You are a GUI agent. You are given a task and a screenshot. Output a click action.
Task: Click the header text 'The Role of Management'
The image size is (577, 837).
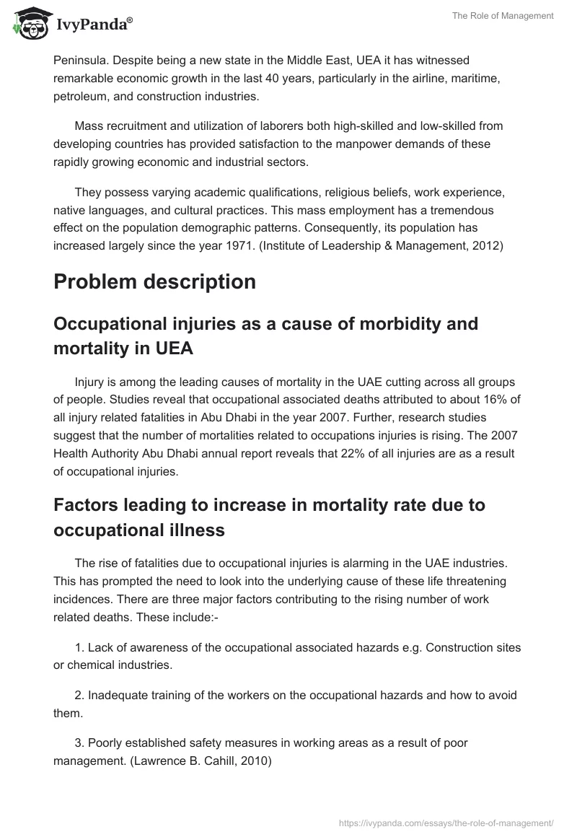503,16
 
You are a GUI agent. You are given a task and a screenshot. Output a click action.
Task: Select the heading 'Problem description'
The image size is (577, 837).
154,281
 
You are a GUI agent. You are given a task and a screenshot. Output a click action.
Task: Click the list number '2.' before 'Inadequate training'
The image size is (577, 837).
79,695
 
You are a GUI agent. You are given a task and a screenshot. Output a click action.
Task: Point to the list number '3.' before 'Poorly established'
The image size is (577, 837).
79,742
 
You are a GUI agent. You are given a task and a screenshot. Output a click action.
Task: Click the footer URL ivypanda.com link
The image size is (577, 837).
445,822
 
